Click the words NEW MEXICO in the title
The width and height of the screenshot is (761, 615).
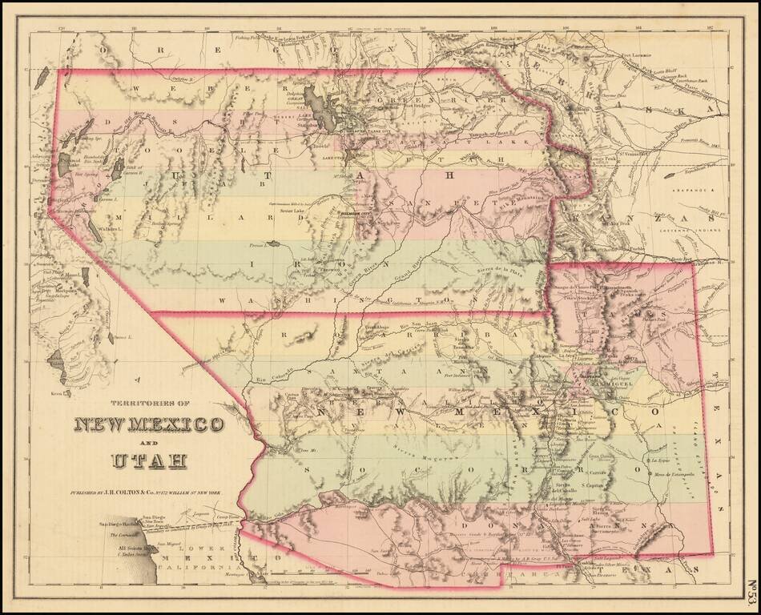tap(149, 424)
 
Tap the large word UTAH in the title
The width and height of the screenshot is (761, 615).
tap(149, 460)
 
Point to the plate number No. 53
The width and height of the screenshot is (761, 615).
tap(751, 592)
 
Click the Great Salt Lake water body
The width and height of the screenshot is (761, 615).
tap(324, 113)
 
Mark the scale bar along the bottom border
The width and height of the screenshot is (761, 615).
tap(320, 574)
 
